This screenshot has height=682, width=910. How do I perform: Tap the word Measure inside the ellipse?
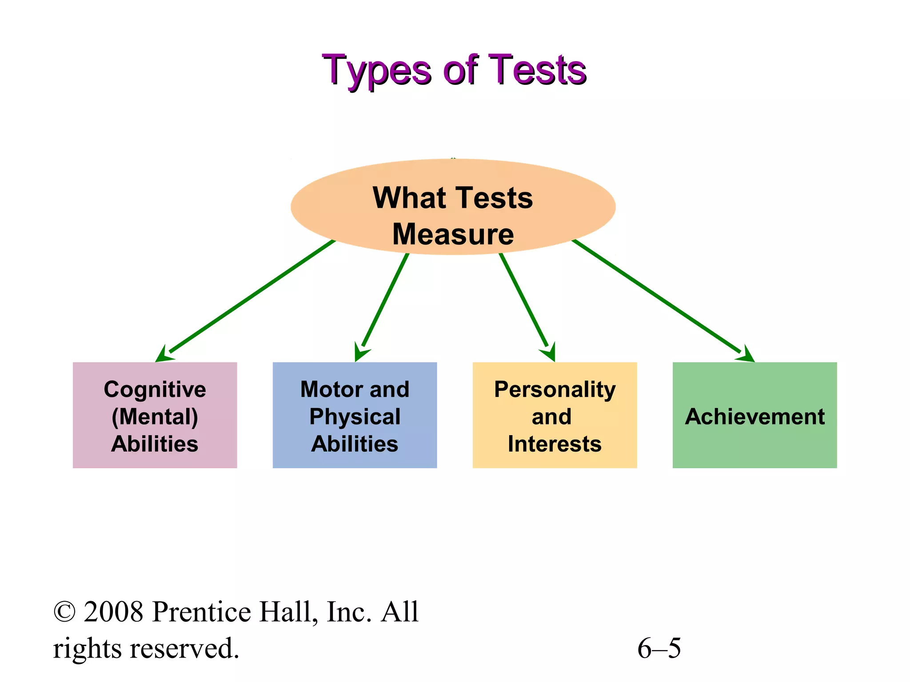pos(453,234)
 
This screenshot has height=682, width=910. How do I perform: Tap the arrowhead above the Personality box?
pos(550,353)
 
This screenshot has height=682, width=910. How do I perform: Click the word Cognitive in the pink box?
pos(155,390)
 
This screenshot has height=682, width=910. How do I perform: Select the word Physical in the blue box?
pos(355,417)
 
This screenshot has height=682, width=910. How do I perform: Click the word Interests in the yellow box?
pos(555,444)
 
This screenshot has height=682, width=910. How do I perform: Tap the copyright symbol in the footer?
pos(64,612)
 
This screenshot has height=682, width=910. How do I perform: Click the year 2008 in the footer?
pos(114,612)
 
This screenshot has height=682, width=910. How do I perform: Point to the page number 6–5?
pos(659,648)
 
